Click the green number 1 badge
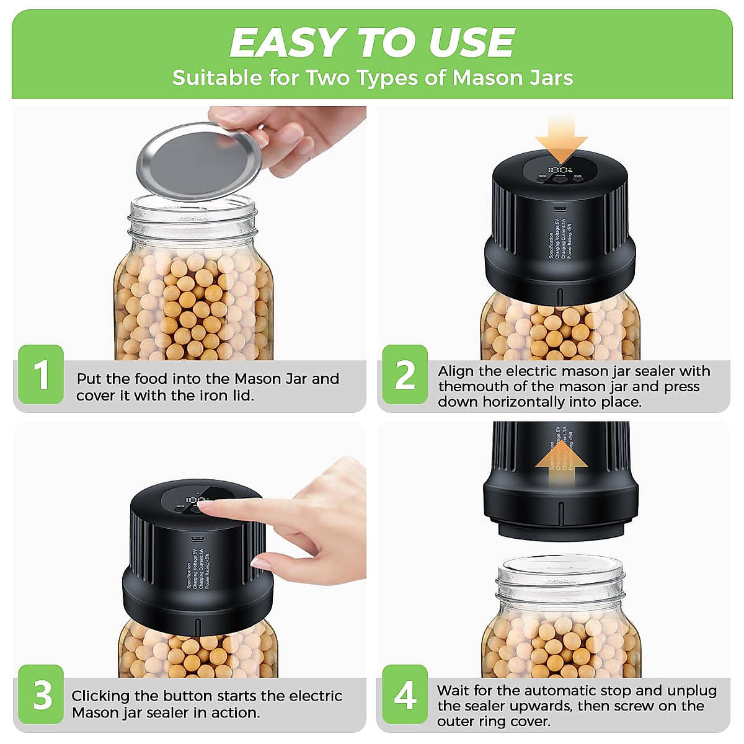point(41,375)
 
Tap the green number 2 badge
point(405,375)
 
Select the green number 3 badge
point(41,694)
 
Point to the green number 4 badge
point(405,694)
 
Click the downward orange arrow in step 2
point(561,139)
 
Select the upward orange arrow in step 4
point(561,462)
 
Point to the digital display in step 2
point(560,169)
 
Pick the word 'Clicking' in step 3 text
point(101,696)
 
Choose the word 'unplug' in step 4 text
point(692,691)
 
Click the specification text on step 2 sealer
point(560,239)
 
